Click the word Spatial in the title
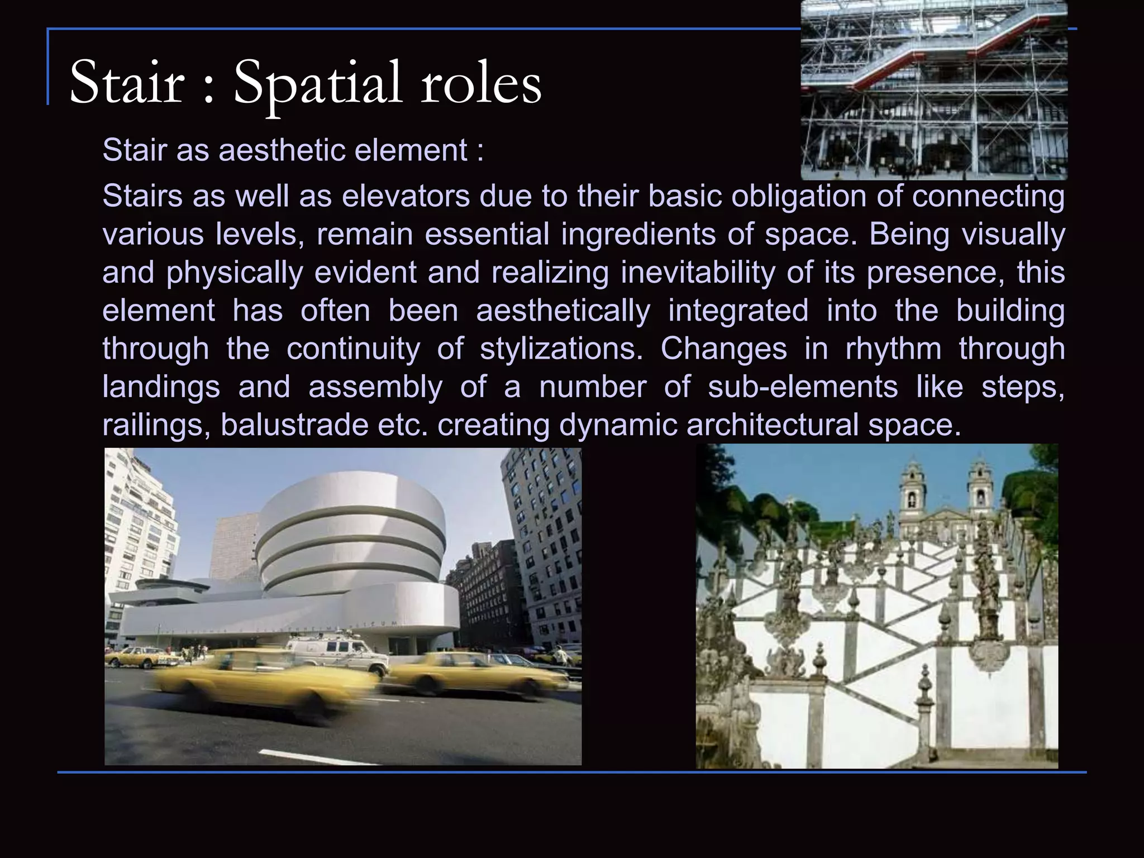click(x=317, y=84)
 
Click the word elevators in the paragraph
click(x=406, y=196)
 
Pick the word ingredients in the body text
click(x=638, y=234)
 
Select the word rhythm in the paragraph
click(x=893, y=349)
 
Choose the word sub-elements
click(x=803, y=387)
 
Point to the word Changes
click(x=723, y=349)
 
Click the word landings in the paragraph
click(x=161, y=387)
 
